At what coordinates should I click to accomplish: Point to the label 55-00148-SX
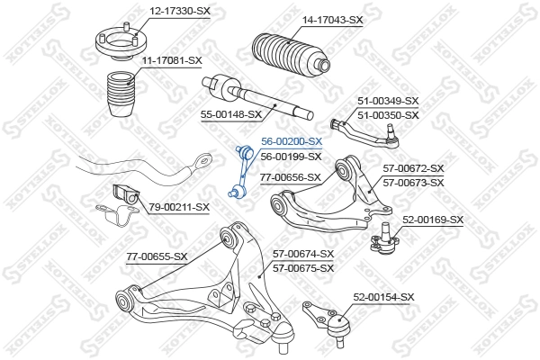(x=230, y=114)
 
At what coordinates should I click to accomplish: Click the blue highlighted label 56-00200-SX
(x=291, y=141)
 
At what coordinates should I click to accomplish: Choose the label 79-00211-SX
(x=179, y=207)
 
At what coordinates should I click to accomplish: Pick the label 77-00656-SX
(x=290, y=177)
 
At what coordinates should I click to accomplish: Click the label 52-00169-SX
(x=433, y=220)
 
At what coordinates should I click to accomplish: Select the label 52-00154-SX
(x=383, y=296)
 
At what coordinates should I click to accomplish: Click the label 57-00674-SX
(x=303, y=255)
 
